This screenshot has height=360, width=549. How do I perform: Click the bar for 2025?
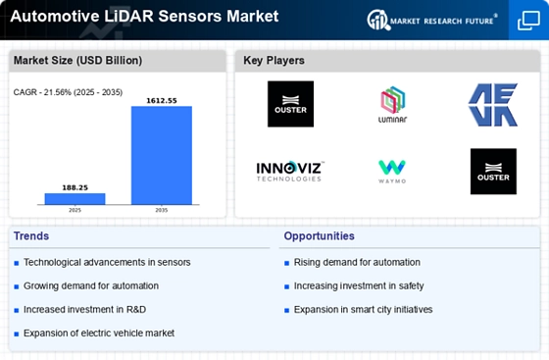pos(75,199)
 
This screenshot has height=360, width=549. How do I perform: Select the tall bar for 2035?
pos(162,155)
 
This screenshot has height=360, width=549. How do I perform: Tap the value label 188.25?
pos(75,187)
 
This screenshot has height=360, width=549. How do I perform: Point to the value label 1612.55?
pos(162,101)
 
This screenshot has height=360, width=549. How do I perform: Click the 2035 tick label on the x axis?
pos(162,210)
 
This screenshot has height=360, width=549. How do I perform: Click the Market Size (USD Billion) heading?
pos(77,61)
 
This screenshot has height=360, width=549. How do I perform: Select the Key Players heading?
pos(274,61)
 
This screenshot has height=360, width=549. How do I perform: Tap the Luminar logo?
pos(392,104)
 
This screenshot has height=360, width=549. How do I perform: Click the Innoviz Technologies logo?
pos(290,172)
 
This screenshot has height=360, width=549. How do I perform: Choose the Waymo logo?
pos(392,172)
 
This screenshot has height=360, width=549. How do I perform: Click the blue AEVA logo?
pos(493,105)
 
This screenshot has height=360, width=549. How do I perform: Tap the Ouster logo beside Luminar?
pos(290,104)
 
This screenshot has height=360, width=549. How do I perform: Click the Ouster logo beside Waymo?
pos(493,172)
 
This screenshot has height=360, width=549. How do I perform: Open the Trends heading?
pos(31,236)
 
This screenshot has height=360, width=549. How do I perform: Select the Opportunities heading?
pos(319,236)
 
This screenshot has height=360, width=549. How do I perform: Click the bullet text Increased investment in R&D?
pos(84,310)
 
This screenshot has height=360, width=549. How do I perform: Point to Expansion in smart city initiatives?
pos(363,310)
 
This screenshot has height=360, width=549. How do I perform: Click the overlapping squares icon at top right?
pos(528,21)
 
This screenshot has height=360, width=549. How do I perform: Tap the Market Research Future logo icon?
pos(378,20)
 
